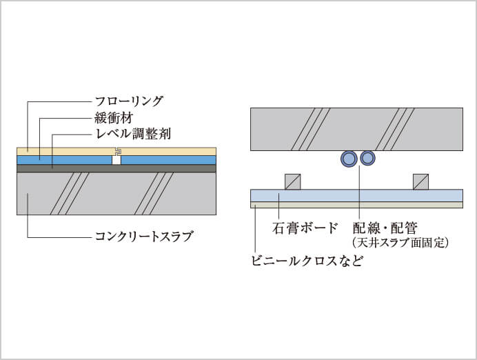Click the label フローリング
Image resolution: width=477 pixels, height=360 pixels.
click(x=129, y=101)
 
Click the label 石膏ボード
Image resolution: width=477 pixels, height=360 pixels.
click(x=305, y=227)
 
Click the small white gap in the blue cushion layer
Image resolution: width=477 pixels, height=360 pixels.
click(x=116, y=160)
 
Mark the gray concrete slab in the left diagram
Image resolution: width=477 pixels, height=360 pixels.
click(x=110, y=193)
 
